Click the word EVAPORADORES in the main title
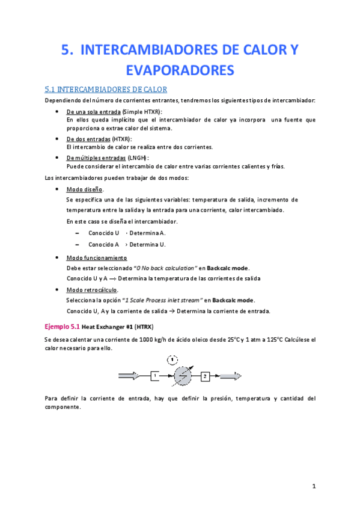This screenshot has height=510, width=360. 180,70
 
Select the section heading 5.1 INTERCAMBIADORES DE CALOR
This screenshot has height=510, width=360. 106,90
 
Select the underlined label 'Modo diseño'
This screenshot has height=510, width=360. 84,189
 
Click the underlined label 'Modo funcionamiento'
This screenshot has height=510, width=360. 96,258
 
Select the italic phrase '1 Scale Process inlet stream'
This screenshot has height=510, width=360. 162,300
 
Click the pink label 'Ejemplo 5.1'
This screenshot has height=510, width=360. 62,327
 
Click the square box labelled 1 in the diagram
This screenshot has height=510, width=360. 154,376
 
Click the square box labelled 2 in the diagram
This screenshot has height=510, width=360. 205,376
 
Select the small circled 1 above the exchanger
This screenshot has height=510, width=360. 172,360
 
